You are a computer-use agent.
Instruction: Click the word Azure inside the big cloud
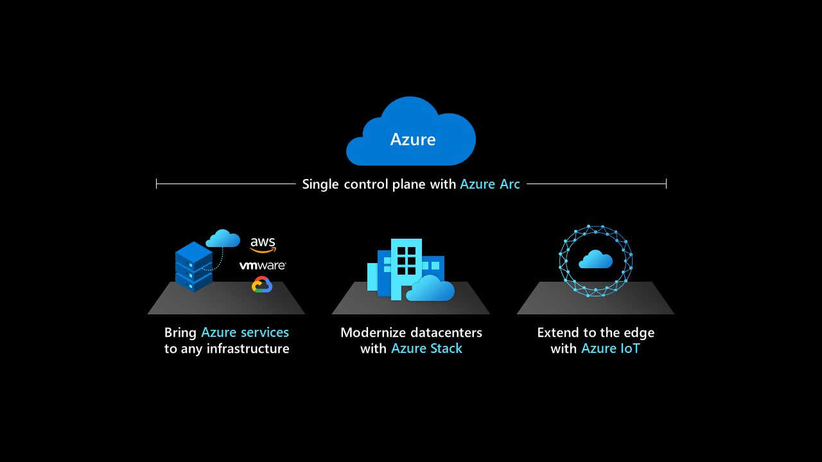click(413, 139)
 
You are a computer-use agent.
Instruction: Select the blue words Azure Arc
click(490, 184)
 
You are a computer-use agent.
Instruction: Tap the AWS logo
click(263, 244)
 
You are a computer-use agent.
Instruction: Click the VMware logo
click(263, 265)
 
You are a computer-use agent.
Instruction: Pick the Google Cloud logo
click(262, 284)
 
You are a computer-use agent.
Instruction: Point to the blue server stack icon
click(193, 267)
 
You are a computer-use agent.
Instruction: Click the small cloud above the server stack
click(223, 239)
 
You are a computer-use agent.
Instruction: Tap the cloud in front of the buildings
click(430, 289)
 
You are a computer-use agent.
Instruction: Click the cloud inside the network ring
click(595, 259)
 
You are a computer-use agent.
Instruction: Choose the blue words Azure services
click(245, 332)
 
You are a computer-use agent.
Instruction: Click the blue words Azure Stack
click(426, 349)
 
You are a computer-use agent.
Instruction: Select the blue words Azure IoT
click(610, 349)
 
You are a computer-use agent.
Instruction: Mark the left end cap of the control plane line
click(157, 184)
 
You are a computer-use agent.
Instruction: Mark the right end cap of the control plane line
click(666, 184)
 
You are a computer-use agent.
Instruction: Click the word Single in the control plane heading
click(320, 184)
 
